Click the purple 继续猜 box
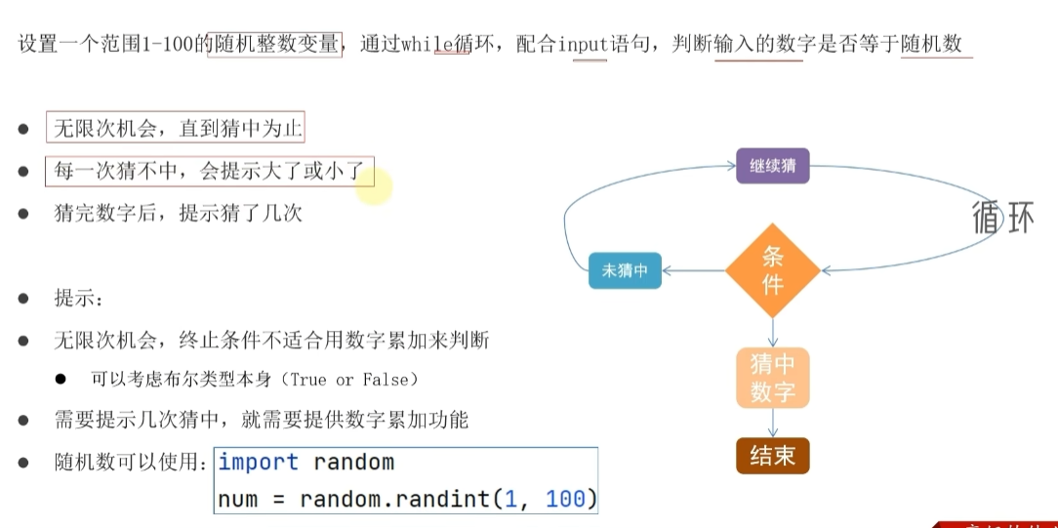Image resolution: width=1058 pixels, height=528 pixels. tap(773, 166)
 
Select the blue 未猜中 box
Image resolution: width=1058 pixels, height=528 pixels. tap(625, 270)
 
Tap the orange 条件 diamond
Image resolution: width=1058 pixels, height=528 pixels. tap(773, 270)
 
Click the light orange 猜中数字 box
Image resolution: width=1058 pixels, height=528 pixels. tap(773, 378)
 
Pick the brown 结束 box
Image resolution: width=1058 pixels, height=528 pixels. tap(773, 456)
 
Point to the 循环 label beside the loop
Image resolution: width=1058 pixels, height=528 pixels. tap(1003, 217)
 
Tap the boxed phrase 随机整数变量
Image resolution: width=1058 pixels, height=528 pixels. tap(274, 44)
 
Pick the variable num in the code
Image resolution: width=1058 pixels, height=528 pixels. tap(237, 499)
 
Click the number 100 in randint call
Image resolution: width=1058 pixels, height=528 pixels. tap(565, 499)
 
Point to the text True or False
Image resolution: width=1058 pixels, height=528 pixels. tap(348, 379)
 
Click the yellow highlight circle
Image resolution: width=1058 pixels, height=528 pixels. tap(374, 185)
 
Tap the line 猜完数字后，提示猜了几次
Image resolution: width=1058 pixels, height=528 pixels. tap(178, 213)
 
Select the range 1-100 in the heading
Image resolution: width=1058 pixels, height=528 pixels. tap(178, 44)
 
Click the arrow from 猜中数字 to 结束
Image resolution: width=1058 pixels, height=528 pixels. tap(773, 423)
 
